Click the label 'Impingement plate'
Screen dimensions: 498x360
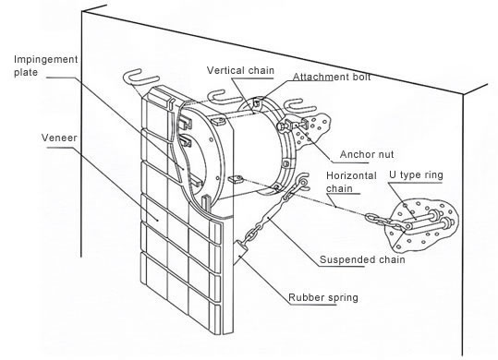(46, 66)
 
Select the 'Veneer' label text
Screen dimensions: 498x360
(59, 138)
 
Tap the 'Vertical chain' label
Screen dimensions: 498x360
(240, 70)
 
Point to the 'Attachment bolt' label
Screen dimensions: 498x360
(332, 77)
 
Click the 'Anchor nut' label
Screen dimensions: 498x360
(367, 154)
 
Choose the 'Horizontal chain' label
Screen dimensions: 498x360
(351, 182)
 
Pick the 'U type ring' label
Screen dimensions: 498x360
(416, 175)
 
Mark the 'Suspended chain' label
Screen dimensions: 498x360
(362, 259)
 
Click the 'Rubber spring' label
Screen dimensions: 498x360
(323, 297)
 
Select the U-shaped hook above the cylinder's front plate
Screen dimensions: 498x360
(223, 96)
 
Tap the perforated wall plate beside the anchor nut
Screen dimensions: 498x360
(310, 131)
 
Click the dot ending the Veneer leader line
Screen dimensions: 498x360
(157, 219)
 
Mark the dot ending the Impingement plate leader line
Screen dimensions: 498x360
(184, 167)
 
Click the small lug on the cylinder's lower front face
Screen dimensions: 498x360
(235, 179)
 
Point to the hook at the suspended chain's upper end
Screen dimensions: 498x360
(303, 182)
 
